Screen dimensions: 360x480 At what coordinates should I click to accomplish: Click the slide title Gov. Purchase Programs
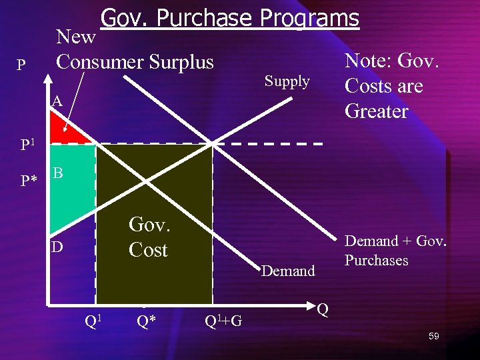229,18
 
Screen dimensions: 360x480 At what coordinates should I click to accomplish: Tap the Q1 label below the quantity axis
93,321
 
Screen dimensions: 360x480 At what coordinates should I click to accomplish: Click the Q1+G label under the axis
223,322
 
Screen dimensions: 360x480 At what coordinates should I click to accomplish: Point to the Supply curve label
287,81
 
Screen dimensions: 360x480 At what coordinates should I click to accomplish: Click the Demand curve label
288,271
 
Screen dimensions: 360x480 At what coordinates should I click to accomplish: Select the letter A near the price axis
57,101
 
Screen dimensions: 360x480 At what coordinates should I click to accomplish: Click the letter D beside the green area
58,247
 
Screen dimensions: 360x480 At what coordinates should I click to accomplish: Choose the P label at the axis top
21,65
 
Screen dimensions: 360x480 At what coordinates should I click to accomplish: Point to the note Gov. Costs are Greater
391,86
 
